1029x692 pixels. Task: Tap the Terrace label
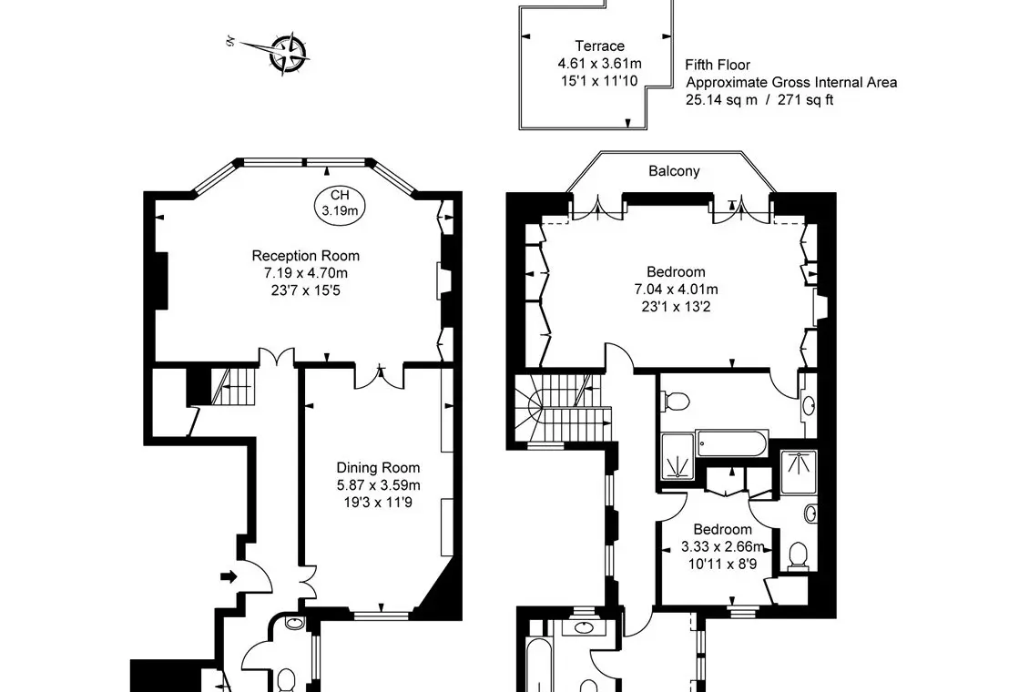pyautogui.click(x=600, y=46)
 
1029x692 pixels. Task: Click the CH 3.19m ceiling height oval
pyautogui.click(x=340, y=203)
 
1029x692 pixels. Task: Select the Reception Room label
pyautogui.click(x=305, y=256)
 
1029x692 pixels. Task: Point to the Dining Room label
pyautogui.click(x=378, y=468)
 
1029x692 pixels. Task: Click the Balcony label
pyautogui.click(x=674, y=171)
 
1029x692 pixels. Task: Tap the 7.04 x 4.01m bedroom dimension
pyautogui.click(x=676, y=290)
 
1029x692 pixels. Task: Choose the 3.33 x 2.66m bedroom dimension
pyautogui.click(x=722, y=546)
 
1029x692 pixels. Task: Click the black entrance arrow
pyautogui.click(x=229, y=576)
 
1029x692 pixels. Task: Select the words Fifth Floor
pyautogui.click(x=718, y=65)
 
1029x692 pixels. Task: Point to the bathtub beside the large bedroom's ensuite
pyautogui.click(x=732, y=444)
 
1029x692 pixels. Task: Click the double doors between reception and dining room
pyautogui.click(x=381, y=375)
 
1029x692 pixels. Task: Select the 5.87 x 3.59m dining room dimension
pyautogui.click(x=378, y=485)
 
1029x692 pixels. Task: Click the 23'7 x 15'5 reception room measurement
pyautogui.click(x=306, y=290)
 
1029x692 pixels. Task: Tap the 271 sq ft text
pyautogui.click(x=805, y=100)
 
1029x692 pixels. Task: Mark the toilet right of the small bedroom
pyautogui.click(x=798, y=555)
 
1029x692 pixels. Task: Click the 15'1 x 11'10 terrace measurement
pyautogui.click(x=599, y=81)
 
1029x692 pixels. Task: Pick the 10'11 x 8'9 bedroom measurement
pyautogui.click(x=722, y=564)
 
